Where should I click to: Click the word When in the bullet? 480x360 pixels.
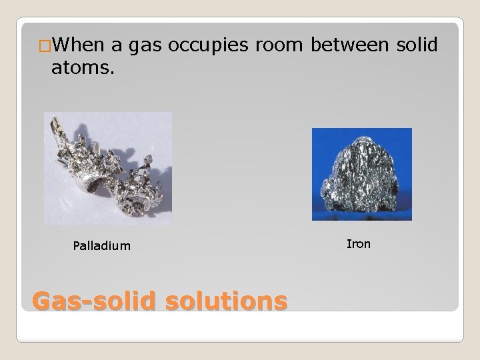(x=77, y=45)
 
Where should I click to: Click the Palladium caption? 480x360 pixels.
(x=102, y=246)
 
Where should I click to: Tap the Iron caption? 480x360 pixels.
(x=359, y=244)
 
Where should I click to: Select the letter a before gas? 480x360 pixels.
(x=116, y=46)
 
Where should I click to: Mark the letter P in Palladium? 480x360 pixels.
(x=76, y=246)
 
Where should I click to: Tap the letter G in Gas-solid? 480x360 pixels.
(x=42, y=302)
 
